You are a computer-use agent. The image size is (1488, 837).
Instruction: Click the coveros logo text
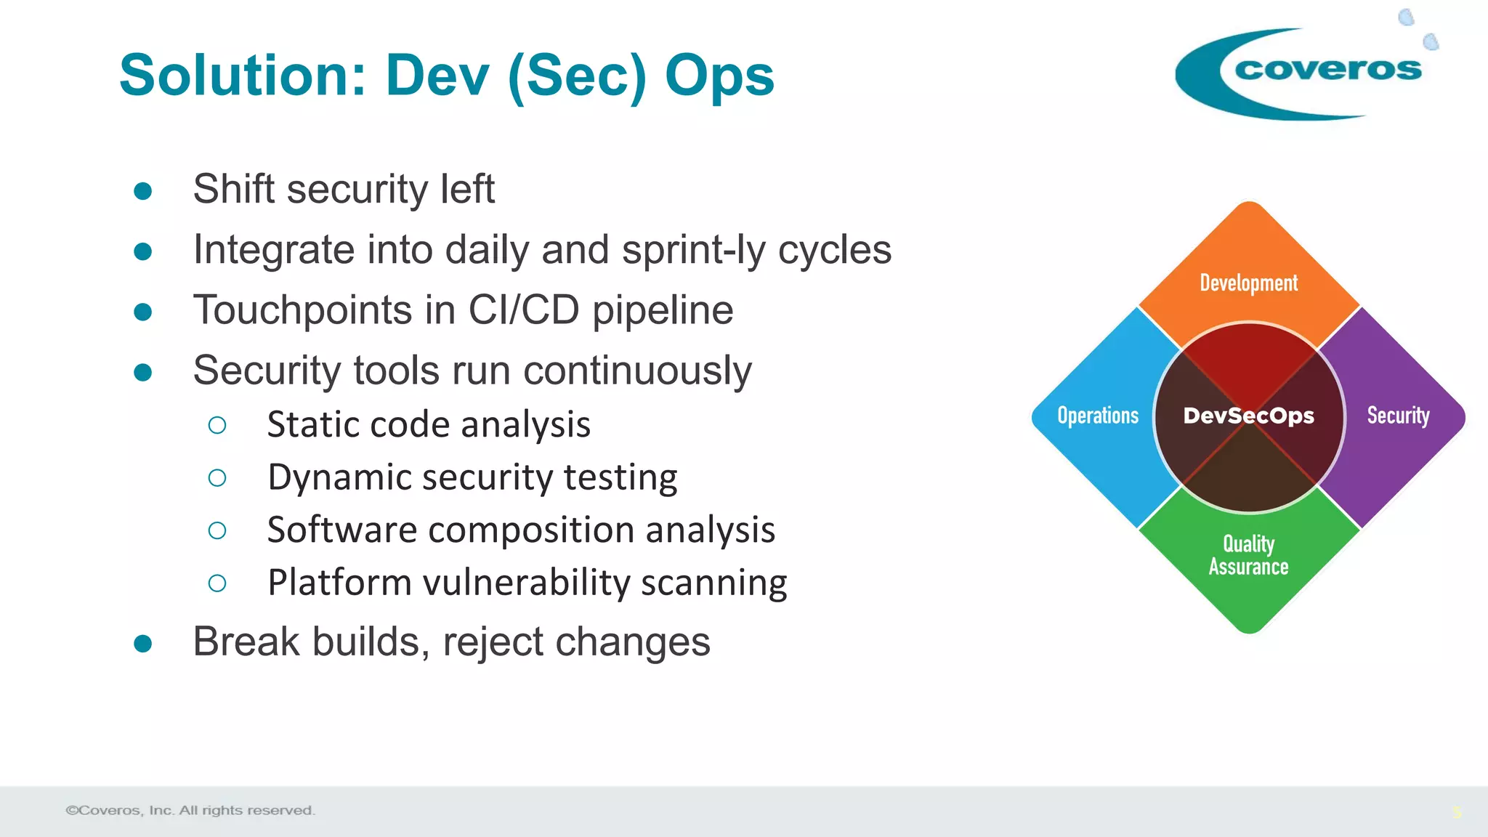coord(1327,69)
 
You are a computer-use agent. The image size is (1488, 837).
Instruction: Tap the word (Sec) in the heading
coord(577,77)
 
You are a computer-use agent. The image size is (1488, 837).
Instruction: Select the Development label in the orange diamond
coord(1248,283)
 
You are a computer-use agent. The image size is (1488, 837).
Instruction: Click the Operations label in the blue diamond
coord(1098,416)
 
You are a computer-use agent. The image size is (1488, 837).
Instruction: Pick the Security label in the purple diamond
coord(1398,416)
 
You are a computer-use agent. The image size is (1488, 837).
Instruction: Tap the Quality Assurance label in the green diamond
coord(1248,555)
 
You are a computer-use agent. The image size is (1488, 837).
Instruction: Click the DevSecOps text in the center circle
coord(1248,416)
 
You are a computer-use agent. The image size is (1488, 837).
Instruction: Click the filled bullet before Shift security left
coord(143,191)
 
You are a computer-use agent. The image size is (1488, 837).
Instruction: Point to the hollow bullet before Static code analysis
coord(217,425)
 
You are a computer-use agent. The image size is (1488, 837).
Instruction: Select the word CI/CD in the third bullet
coord(524,310)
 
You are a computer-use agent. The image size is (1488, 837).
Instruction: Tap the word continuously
coord(637,371)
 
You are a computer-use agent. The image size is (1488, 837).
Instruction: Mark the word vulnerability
coord(527,583)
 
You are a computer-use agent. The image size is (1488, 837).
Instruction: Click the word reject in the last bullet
coord(493,642)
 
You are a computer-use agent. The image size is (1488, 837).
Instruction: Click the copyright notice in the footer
coord(190,810)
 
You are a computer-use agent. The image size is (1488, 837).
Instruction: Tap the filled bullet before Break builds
coord(143,644)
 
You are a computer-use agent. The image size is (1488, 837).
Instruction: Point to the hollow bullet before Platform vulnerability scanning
coord(217,583)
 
